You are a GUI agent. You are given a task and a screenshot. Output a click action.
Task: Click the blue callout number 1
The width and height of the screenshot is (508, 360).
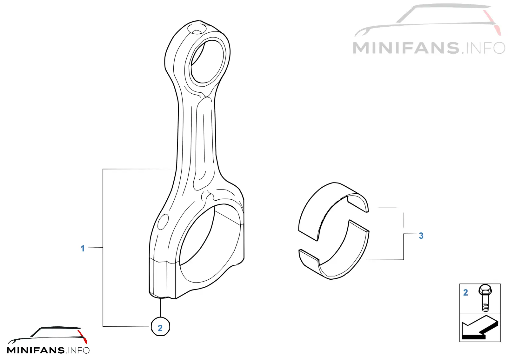(83, 248)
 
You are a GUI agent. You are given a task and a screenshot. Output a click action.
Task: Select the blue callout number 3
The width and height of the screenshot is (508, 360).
(421, 236)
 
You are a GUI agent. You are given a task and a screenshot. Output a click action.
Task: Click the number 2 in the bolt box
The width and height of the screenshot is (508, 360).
(465, 293)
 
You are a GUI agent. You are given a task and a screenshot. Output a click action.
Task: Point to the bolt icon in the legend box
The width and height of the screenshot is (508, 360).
(485, 298)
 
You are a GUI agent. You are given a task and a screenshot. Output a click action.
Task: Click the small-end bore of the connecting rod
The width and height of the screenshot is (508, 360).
(207, 62)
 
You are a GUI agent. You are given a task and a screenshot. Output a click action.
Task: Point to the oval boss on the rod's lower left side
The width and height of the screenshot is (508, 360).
(163, 222)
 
